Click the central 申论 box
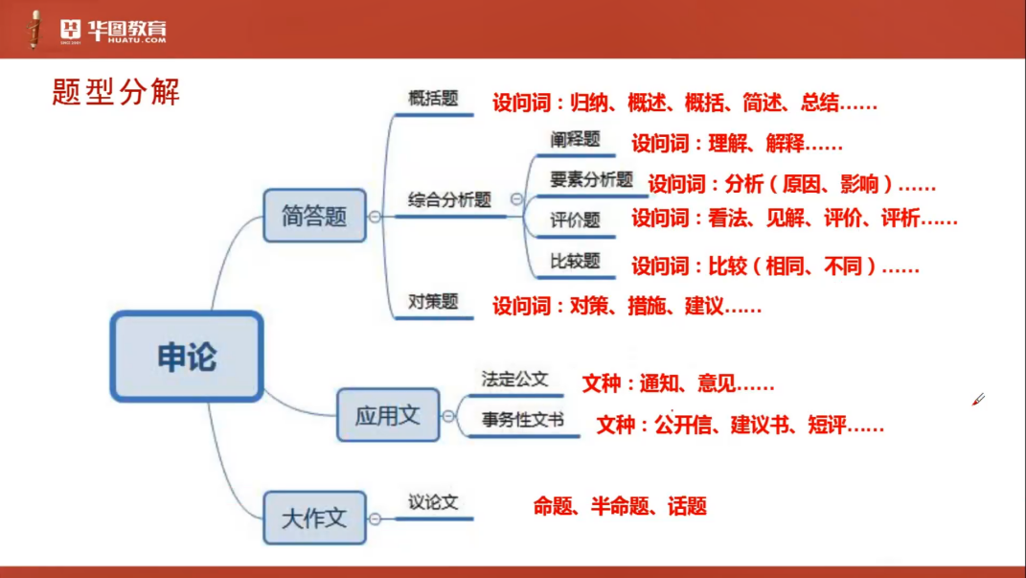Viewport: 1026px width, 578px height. pos(187,356)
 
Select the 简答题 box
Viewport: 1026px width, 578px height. pos(315,216)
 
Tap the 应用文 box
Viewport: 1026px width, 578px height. pos(388,415)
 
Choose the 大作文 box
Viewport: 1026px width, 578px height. pos(315,518)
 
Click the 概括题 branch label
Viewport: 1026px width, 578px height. pos(433,98)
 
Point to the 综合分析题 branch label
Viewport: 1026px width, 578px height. pos(449,199)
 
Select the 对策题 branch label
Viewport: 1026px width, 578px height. pos(433,302)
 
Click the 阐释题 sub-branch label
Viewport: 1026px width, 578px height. pos(575,139)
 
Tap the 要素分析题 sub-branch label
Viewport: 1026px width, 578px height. pos(591,179)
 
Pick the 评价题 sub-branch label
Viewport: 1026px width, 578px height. pos(575,220)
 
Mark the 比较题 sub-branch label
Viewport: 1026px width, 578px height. pos(575,261)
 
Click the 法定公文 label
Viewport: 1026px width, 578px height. pos(515,379)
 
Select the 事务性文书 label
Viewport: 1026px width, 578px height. pos(523,420)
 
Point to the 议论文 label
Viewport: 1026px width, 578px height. pos(433,502)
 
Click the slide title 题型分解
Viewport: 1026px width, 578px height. pos(116,92)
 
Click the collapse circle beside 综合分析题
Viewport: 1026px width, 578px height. pos(516,198)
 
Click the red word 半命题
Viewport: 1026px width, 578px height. pos(620,506)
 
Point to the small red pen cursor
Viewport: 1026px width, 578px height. pos(978,400)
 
